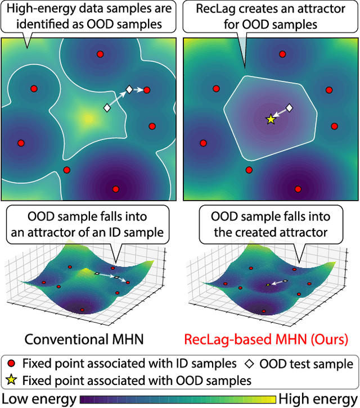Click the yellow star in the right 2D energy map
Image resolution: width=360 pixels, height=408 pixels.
271,119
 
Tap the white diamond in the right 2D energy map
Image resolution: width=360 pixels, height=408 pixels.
289,107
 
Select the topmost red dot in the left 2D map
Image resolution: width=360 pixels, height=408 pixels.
100,54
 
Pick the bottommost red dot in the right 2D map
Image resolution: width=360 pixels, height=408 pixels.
298,189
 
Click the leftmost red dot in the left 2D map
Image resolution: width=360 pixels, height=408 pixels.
21,143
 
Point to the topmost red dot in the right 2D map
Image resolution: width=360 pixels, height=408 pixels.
283,54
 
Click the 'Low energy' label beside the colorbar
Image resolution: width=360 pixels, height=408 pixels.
38,399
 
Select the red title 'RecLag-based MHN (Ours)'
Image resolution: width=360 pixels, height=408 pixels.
274,339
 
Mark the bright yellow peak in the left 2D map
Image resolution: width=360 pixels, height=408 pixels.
87,118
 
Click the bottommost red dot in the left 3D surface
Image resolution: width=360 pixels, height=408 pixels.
82,310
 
